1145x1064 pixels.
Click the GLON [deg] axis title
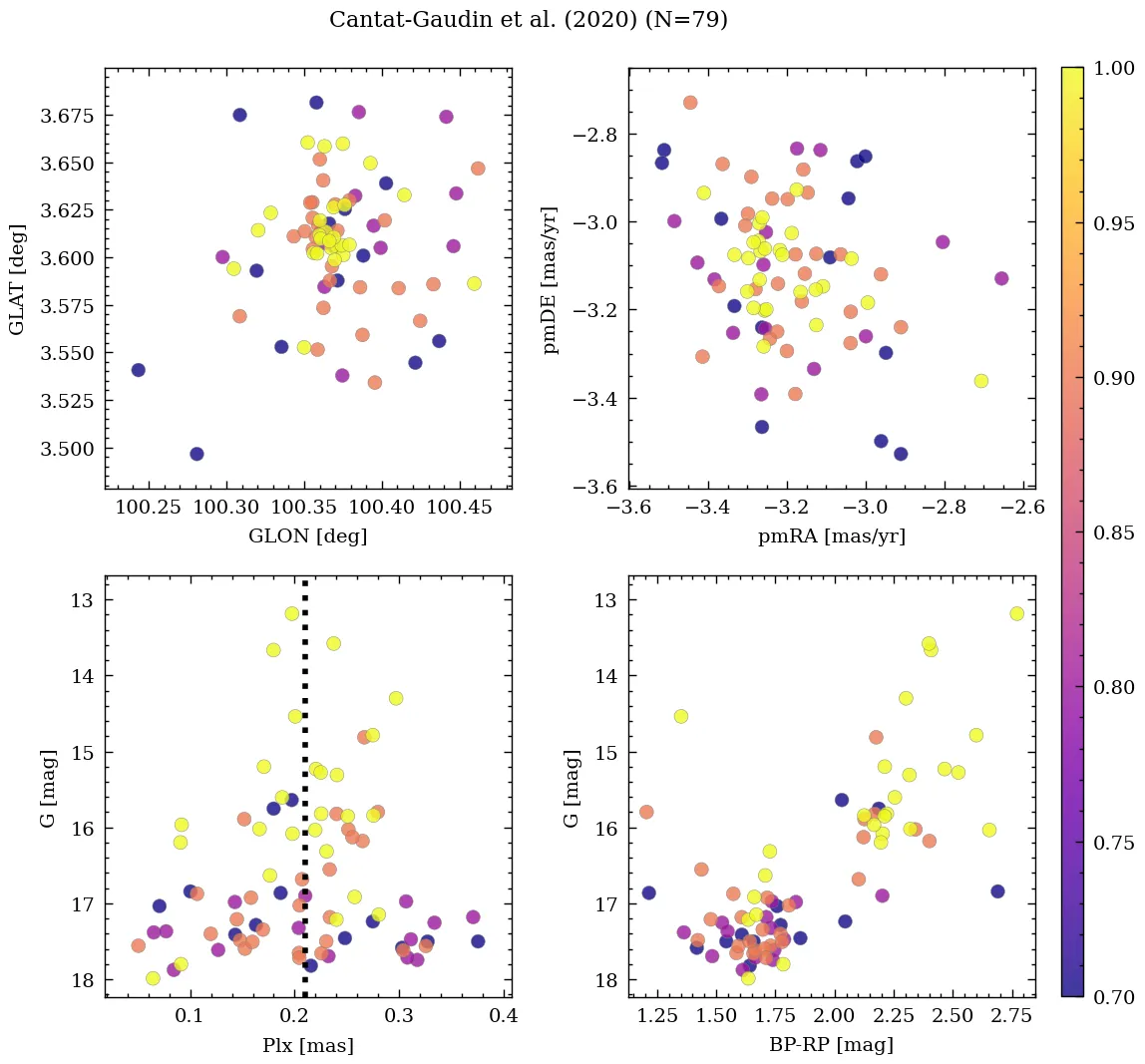tap(307, 536)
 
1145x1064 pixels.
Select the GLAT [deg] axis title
tap(17, 279)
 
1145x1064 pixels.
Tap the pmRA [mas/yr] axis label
tap(831, 536)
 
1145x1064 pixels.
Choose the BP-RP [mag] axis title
tap(831, 1045)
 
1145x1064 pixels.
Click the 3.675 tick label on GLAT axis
tap(67, 117)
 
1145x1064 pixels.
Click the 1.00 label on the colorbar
tap(1113, 68)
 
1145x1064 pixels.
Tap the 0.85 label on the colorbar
tap(1113, 532)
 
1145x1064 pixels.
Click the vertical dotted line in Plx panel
tap(304, 798)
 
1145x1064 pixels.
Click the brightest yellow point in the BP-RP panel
tap(1016, 613)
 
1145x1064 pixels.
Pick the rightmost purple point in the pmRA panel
tap(1001, 278)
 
